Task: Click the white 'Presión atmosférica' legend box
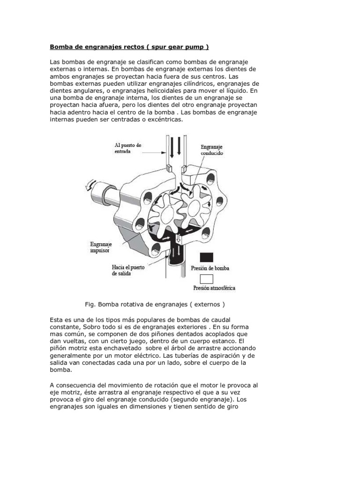[206, 279]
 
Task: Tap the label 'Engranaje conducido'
[212, 150]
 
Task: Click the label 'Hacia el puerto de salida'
[128, 270]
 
